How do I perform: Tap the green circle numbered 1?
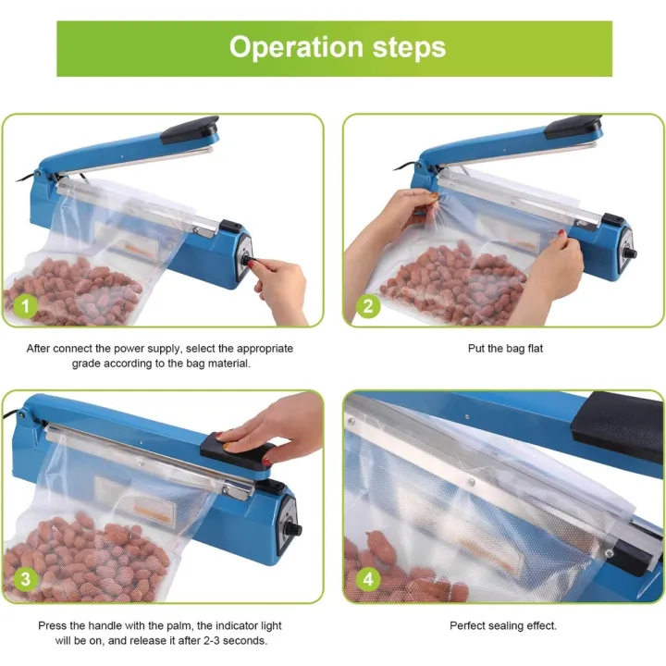[27, 304]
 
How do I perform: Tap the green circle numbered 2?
[369, 304]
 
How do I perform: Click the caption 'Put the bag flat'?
[503, 349]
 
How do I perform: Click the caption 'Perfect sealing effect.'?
[503, 625]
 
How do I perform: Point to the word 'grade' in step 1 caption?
[90, 364]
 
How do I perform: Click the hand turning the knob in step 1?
[282, 282]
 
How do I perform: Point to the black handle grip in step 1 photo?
[189, 129]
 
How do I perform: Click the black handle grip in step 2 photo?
[573, 126]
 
